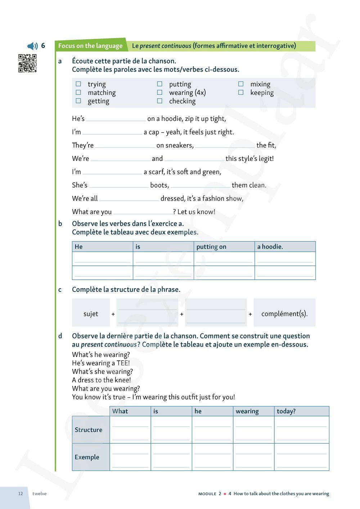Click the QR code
pos(27,63)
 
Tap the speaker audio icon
pos(32,46)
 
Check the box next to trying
pos(78,84)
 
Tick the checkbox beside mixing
pos(241,84)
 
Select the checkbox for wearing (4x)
pos(160,93)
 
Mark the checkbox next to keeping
pos(241,93)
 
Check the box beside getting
pos(78,101)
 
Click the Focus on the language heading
pos(90,46)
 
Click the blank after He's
pos(116,119)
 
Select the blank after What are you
pos(143,212)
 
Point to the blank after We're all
pos(129,199)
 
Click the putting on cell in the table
pos(224,247)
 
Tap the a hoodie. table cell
pos(285,247)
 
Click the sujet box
pos(91,314)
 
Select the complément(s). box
pos(284,314)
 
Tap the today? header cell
pos(301,411)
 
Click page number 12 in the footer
pos(21,494)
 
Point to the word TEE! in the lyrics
pos(123,363)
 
